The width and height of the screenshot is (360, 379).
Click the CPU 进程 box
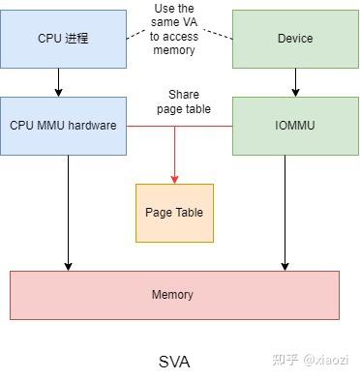pyautogui.click(x=63, y=39)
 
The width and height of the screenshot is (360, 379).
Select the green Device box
pyautogui.click(x=295, y=39)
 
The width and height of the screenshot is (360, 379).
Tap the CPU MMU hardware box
pyautogui.click(x=63, y=125)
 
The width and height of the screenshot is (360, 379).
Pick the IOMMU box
pyautogui.click(x=295, y=125)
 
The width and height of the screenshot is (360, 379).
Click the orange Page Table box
pyautogui.click(x=174, y=213)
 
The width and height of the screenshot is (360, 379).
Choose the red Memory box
pyautogui.click(x=174, y=295)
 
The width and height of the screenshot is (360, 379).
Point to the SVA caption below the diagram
pyautogui.click(x=174, y=362)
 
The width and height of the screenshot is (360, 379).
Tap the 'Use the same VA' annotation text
pyautogui.click(x=178, y=19)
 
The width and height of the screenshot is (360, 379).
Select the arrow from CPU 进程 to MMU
pyautogui.click(x=58, y=81)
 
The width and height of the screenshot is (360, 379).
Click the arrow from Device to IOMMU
pyautogui.click(x=294, y=81)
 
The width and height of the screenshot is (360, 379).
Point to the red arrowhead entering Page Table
pyautogui.click(x=174, y=179)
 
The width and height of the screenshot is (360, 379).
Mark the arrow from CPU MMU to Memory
pyautogui.click(x=68, y=213)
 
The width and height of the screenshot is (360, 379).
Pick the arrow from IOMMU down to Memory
pyautogui.click(x=285, y=213)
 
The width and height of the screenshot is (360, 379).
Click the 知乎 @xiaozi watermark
pyautogui.click(x=310, y=360)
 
